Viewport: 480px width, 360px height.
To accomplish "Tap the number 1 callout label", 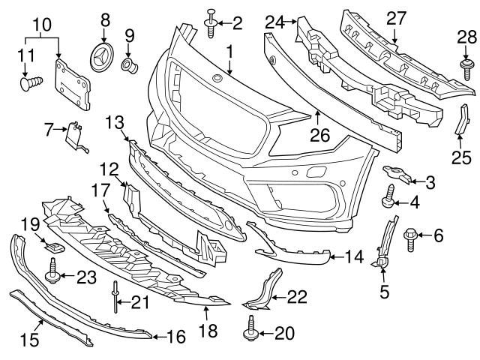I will (x=229, y=52).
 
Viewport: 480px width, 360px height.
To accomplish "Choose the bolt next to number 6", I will (x=412, y=236).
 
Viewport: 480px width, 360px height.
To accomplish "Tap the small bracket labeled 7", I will (x=74, y=135).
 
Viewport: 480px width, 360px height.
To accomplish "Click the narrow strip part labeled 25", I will (x=458, y=128).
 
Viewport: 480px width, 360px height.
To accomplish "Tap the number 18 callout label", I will (x=206, y=329).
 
